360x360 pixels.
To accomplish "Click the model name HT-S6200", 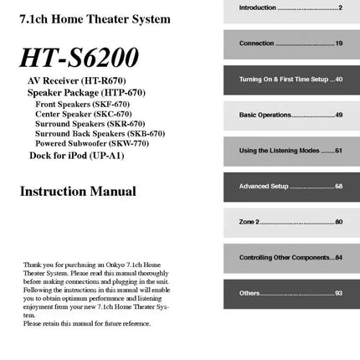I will click(80, 57).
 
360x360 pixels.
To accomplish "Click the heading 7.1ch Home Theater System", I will click(95, 18).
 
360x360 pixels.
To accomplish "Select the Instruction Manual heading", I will click(78, 191).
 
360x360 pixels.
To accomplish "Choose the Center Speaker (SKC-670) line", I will click(83, 113).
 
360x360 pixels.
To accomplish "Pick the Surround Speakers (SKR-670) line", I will click(90, 123).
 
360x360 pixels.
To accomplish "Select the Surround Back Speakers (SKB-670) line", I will click(100, 133).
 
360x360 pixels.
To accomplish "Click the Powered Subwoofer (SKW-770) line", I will click(92, 143).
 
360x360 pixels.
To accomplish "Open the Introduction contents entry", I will click(291, 8).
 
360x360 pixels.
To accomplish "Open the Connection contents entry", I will click(291, 44).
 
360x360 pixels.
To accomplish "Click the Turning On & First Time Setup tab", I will click(291, 80).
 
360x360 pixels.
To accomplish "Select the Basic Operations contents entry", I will click(291, 115).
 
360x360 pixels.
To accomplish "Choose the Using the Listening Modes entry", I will click(291, 151).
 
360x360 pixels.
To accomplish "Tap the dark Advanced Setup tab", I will click(291, 186).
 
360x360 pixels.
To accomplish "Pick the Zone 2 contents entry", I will click(291, 222).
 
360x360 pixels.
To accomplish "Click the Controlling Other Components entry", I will click(291, 257).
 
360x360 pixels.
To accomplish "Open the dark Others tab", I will click(291, 293).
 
